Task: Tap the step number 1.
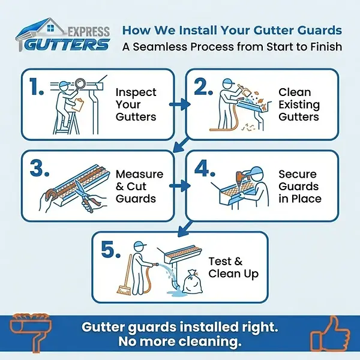37,88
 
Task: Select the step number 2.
204,87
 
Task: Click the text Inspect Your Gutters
136,104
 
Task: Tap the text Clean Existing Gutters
299,104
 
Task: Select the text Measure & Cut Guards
139,186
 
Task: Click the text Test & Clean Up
233,268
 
